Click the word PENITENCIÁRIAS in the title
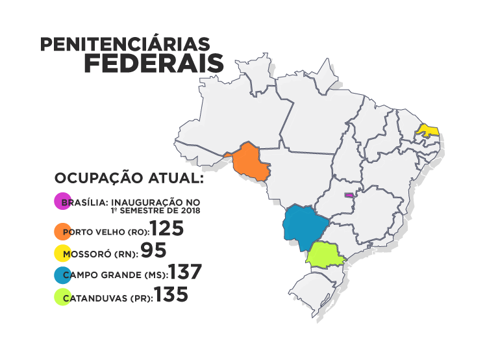(125, 44)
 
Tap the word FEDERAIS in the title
(153, 65)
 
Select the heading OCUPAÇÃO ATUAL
(129, 178)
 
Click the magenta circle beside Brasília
(63, 201)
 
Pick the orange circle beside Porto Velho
(63, 231)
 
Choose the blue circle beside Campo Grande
(63, 275)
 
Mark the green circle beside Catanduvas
(63, 298)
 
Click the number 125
(168, 229)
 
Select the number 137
(185, 272)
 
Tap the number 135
(171, 295)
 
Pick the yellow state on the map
(429, 130)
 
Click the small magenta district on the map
(349, 194)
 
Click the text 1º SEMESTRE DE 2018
(155, 211)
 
